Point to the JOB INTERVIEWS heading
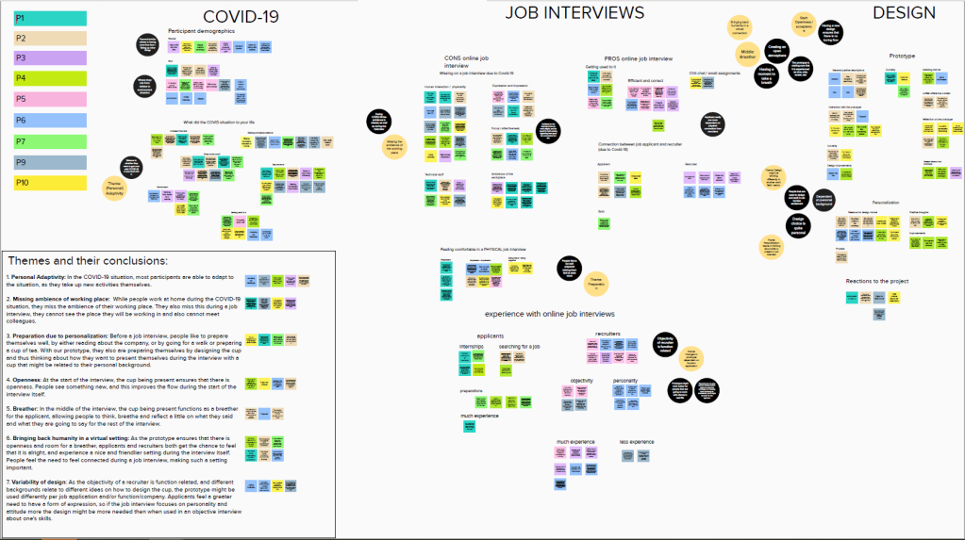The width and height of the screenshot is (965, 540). click(574, 12)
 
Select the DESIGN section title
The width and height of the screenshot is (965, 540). click(904, 12)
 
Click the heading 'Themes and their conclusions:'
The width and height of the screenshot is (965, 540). click(88, 260)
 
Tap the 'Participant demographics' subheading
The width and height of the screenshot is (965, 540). click(201, 31)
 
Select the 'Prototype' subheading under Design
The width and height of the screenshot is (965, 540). click(902, 56)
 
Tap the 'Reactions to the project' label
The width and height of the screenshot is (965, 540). click(878, 282)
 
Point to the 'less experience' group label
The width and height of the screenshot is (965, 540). click(637, 441)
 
